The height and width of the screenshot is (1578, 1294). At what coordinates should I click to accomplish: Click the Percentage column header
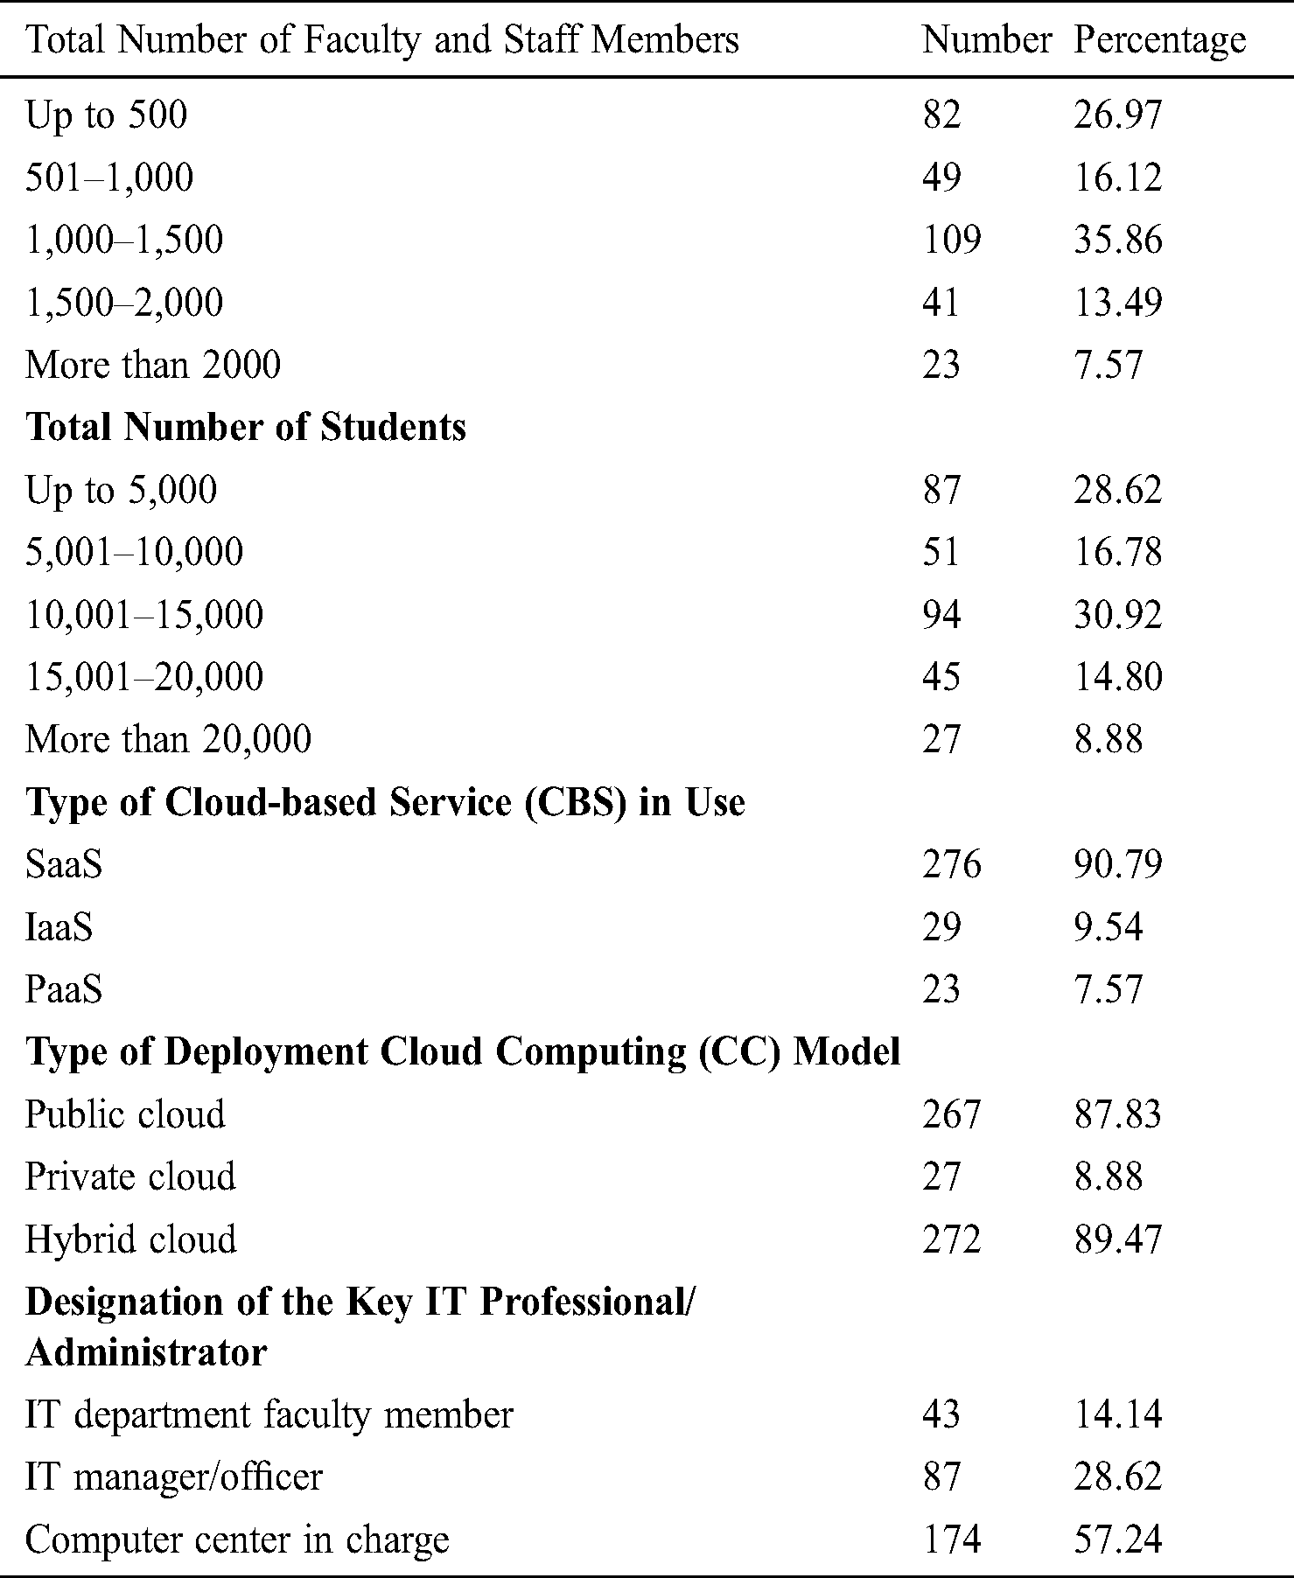click(x=1159, y=41)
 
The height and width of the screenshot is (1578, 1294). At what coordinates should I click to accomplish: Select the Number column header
click(x=986, y=41)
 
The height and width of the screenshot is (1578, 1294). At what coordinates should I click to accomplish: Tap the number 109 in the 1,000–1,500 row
click(x=951, y=240)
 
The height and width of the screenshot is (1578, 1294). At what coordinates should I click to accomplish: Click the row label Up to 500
click(x=106, y=115)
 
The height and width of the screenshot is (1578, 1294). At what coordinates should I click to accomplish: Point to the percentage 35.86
click(x=1117, y=240)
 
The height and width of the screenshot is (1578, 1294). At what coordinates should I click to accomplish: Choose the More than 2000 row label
click(x=153, y=365)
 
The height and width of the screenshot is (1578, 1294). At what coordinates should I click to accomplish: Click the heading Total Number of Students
click(x=246, y=427)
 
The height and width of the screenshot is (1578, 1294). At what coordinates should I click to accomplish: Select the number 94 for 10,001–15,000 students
click(x=941, y=615)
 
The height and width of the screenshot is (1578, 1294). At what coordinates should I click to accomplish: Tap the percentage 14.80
click(x=1117, y=677)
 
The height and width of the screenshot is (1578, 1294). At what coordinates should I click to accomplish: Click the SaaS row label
click(x=64, y=865)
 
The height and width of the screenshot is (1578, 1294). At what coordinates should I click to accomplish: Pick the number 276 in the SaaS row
click(x=951, y=865)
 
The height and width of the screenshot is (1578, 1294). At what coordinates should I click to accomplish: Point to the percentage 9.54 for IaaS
click(x=1108, y=927)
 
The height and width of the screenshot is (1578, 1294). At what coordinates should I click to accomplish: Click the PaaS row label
click(x=64, y=990)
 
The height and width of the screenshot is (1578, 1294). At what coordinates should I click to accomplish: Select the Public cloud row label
click(x=125, y=1115)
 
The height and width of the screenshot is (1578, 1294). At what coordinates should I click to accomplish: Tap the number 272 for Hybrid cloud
click(x=951, y=1240)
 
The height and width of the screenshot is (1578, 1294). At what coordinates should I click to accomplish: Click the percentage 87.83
click(x=1117, y=1115)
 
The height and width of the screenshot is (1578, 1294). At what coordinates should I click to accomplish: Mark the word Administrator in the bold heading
click(x=146, y=1352)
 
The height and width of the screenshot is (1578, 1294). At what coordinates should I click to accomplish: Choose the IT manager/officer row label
click(x=173, y=1477)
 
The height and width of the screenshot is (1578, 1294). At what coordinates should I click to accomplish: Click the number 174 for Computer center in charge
click(x=951, y=1540)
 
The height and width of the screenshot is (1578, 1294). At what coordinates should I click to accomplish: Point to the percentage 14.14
click(x=1117, y=1414)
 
